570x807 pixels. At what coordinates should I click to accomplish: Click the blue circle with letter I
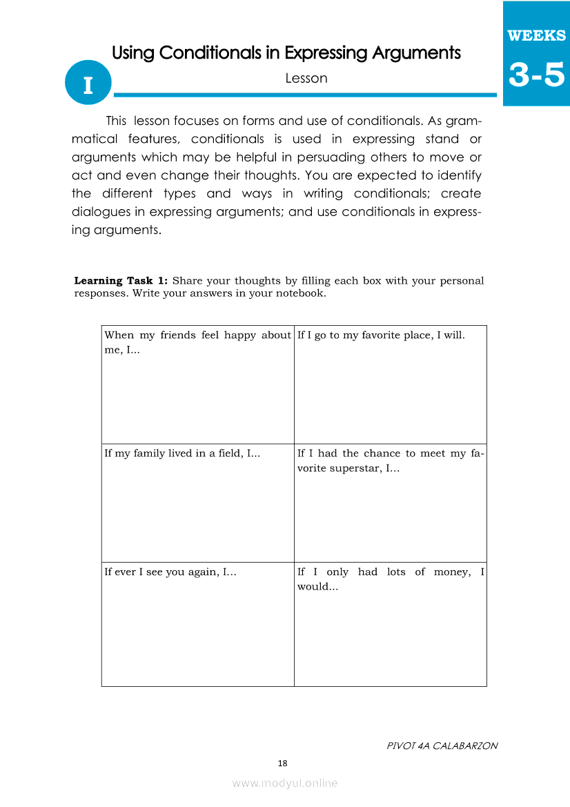[x=88, y=86]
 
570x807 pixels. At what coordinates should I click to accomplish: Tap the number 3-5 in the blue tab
[x=536, y=75]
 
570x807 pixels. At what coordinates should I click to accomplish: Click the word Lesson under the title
[x=306, y=78]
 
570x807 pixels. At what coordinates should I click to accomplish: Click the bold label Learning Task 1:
[x=121, y=281]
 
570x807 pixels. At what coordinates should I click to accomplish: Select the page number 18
[x=282, y=763]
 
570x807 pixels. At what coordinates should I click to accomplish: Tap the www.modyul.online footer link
[x=285, y=783]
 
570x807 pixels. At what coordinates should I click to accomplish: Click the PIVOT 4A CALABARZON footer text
[x=442, y=746]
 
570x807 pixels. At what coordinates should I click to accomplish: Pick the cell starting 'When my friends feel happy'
[x=197, y=384]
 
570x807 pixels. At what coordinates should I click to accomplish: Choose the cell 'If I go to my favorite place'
[x=390, y=384]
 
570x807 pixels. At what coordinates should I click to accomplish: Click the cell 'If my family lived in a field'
[x=197, y=503]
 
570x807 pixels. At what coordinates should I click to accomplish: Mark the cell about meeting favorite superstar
[x=390, y=503]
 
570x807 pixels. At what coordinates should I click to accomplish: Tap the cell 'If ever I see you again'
[x=197, y=624]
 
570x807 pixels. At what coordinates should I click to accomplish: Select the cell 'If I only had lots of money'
[x=390, y=624]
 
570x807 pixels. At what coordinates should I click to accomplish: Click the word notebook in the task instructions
[x=301, y=293]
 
